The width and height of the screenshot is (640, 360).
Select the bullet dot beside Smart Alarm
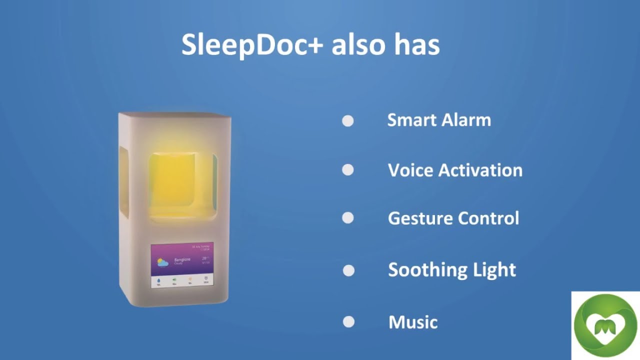tap(348, 121)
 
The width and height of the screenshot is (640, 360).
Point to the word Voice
tap(409, 170)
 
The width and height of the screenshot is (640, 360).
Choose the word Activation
tap(480, 170)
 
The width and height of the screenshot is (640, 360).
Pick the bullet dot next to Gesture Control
tap(348, 218)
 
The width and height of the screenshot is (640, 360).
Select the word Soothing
tap(420, 270)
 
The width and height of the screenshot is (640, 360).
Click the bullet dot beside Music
tap(348, 322)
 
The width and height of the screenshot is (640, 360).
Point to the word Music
tap(413, 322)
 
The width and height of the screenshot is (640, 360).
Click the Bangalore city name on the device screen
tap(182, 259)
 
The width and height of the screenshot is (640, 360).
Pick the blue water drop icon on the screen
tap(159, 280)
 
